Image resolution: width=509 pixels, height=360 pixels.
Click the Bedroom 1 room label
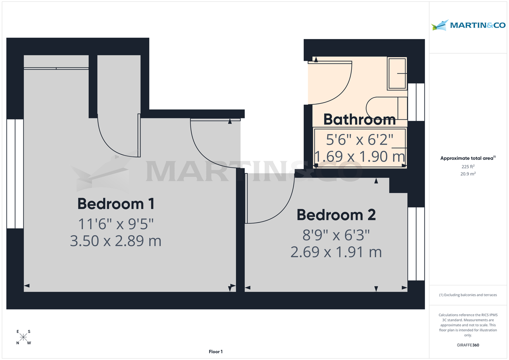click(115, 204)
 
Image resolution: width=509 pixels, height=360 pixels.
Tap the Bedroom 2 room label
click(336, 215)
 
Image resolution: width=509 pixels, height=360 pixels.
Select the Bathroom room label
click(359, 120)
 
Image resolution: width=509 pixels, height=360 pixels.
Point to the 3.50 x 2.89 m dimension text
click(115, 241)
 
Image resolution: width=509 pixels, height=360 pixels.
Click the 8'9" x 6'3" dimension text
click(336, 234)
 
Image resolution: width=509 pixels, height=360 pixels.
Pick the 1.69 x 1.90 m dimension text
click(359, 157)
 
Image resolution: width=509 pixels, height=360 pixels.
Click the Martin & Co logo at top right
click(468, 25)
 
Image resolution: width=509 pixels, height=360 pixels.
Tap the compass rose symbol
click(24, 338)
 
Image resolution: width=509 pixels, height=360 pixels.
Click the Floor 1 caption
click(215, 352)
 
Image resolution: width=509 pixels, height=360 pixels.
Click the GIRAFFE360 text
click(468, 345)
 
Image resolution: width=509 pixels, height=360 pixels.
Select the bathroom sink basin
click(397, 74)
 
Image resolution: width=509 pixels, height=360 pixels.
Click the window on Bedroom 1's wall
click(15, 174)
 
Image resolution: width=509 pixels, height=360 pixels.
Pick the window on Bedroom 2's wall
click(416, 244)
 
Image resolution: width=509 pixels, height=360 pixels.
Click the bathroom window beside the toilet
click(416, 102)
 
